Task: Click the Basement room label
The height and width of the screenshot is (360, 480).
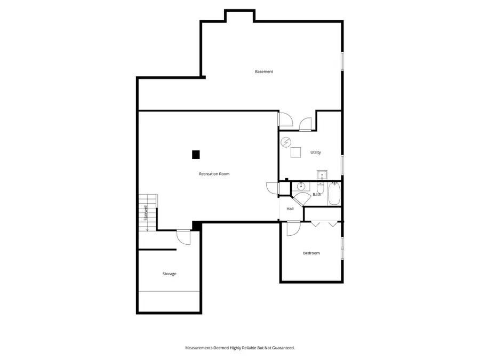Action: tap(264, 71)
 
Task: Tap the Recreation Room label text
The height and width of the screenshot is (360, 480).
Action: tap(214, 174)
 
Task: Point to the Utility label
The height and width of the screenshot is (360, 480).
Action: tap(316, 153)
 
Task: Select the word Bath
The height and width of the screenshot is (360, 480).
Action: tap(317, 194)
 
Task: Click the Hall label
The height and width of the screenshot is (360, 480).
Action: tap(290, 209)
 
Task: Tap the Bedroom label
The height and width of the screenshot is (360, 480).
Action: tap(311, 253)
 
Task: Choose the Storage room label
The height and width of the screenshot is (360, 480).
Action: tap(170, 274)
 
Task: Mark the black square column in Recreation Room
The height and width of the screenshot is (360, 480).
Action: tap(196, 155)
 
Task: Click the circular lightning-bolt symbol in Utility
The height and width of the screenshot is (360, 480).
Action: tap(286, 142)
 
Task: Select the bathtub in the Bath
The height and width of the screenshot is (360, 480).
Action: tap(333, 194)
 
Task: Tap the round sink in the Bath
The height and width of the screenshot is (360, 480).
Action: tap(300, 187)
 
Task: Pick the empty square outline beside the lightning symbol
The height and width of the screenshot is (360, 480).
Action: tap(295, 152)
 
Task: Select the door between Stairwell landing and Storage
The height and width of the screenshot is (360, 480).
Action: tap(183, 236)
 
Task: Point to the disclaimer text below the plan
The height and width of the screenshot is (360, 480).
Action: tap(240, 348)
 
